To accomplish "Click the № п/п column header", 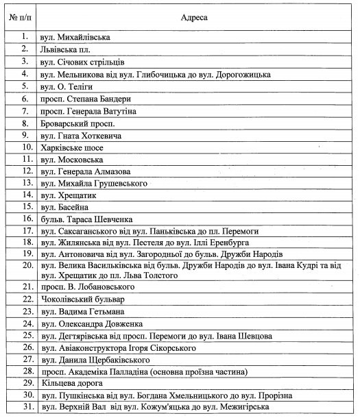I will click(x=20, y=14).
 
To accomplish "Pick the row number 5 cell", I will click(x=23, y=86).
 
